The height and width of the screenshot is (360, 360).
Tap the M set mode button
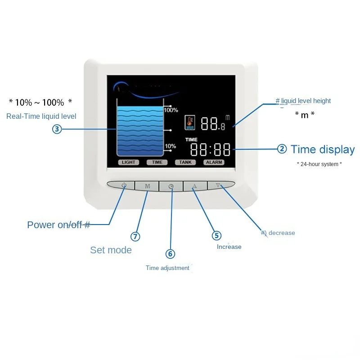tap(147, 186)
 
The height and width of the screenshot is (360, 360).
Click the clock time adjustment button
tap(171, 186)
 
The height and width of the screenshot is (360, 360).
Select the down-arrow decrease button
tap(218, 185)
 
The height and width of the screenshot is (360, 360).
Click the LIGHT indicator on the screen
tap(128, 162)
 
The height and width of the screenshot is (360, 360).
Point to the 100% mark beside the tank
tap(171, 110)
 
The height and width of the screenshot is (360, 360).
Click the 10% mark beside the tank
tap(170, 146)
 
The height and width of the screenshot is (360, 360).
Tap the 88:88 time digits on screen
tap(210, 149)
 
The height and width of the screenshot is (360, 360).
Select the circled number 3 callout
tap(57, 129)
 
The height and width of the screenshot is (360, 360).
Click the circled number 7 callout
tap(135, 236)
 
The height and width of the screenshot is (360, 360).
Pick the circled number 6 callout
tap(170, 254)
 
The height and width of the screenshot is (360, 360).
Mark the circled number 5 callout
tap(217, 235)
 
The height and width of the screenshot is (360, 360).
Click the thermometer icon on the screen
tap(190, 122)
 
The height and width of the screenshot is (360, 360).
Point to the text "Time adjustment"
tap(167, 268)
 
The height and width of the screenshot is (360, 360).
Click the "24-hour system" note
tap(319, 164)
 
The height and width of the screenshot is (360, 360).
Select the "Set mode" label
tap(111, 250)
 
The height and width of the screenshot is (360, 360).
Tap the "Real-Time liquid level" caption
tap(41, 116)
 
